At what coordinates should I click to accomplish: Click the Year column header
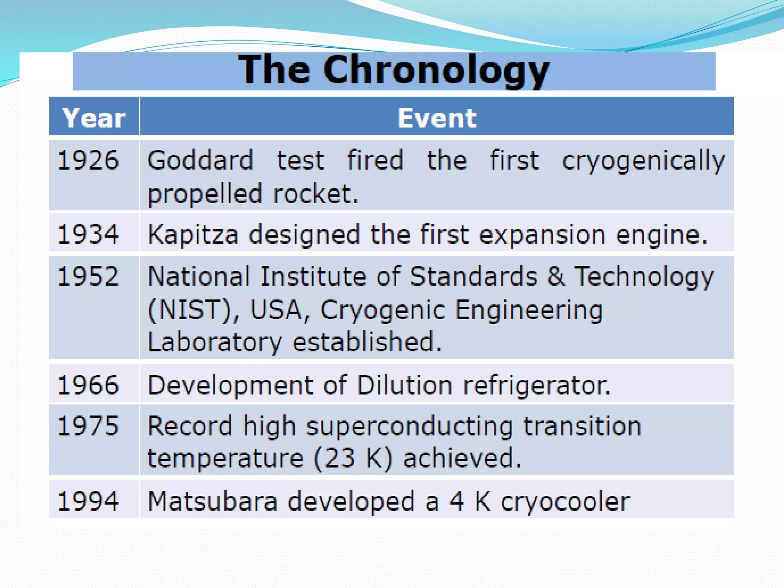click(x=94, y=118)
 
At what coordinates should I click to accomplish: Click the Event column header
click(x=437, y=118)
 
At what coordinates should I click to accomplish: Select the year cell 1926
click(x=88, y=160)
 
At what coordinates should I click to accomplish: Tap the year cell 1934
click(x=88, y=234)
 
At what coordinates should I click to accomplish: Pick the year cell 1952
click(x=88, y=276)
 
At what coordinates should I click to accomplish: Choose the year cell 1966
click(x=88, y=385)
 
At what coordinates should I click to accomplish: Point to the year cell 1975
click(x=88, y=426)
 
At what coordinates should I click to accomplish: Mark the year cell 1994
click(x=88, y=501)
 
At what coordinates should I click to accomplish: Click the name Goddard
click(x=200, y=160)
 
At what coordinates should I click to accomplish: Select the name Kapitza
click(x=193, y=234)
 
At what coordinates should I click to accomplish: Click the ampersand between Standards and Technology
click(x=555, y=276)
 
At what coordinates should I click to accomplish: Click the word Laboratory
click(x=215, y=342)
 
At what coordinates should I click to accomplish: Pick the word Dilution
click(x=405, y=385)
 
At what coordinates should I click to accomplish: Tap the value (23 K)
click(x=353, y=458)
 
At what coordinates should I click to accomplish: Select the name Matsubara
click(x=212, y=501)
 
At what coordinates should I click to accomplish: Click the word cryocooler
click(x=565, y=502)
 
